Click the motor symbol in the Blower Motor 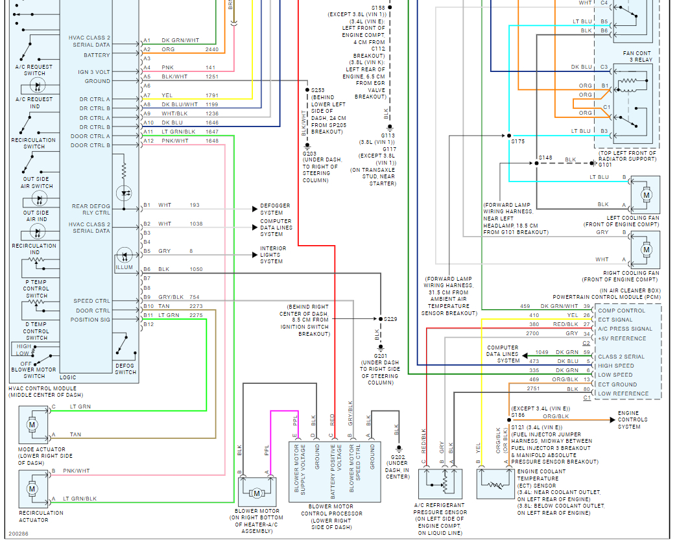(256, 493)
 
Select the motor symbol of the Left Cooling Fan (646, 194)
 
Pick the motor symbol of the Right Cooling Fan (646, 249)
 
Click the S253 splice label (318, 90)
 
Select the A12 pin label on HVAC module (148, 141)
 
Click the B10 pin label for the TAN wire (148, 306)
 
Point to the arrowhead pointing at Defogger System (255, 209)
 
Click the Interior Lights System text (273, 255)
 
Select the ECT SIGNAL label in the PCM (615, 320)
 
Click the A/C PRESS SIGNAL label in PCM (624, 329)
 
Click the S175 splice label (517, 141)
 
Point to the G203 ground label (313, 154)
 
